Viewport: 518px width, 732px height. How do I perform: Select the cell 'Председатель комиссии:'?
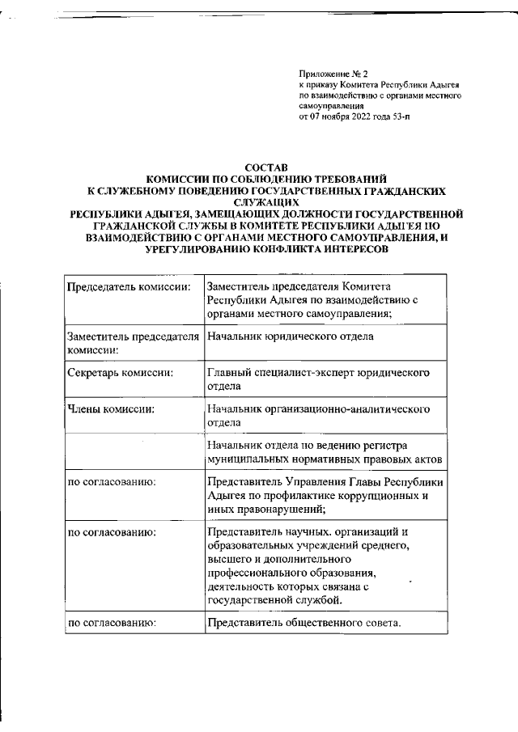[129, 287]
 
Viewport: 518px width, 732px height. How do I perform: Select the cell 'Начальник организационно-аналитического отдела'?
[317, 415]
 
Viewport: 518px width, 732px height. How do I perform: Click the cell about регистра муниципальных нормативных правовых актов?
[324, 451]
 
